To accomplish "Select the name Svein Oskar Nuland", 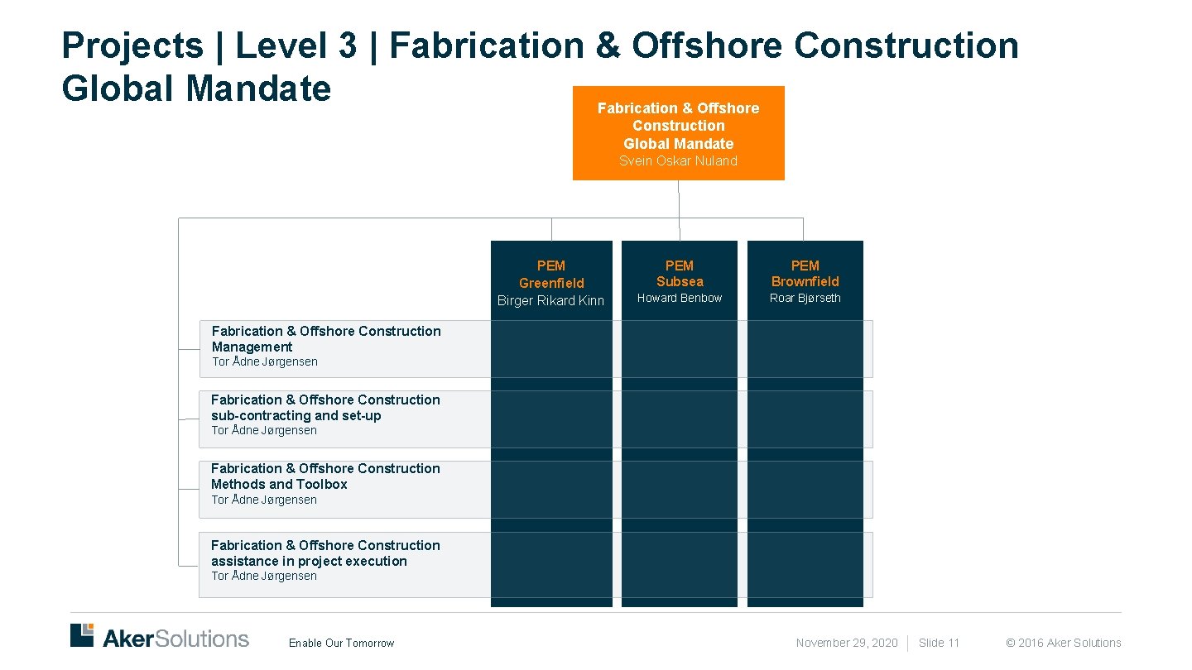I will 678,161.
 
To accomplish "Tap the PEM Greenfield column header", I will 551,274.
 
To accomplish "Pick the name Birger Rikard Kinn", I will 551,301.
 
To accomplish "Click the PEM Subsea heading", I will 680,274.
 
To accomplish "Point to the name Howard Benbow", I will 680,299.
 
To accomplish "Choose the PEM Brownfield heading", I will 805,274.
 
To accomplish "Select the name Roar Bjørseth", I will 805,299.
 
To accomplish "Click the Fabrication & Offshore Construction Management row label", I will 326,339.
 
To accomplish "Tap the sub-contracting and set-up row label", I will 325,408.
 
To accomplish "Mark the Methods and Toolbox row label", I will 325,476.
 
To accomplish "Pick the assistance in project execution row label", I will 325,553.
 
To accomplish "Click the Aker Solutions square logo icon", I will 82,634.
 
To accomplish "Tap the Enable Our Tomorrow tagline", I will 341,644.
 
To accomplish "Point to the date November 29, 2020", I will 847,644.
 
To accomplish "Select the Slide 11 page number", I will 939,644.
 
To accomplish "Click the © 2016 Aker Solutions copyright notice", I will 1063,644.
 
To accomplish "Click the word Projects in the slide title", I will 132,45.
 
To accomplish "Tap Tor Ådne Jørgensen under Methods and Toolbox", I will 264,500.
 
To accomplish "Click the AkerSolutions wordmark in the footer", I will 175,639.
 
